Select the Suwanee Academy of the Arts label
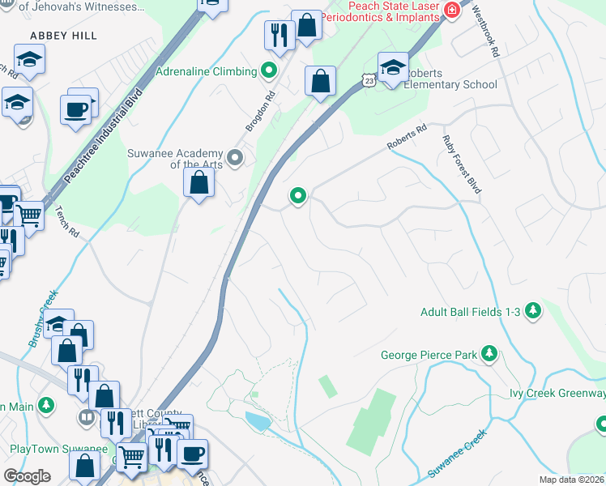click(174, 159)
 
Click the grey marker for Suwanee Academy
click(235, 158)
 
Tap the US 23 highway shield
click(369, 80)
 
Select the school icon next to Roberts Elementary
click(393, 67)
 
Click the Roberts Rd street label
click(407, 137)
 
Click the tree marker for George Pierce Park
click(489, 353)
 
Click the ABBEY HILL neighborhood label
click(63, 36)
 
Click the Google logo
click(27, 476)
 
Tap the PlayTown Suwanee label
click(58, 449)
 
